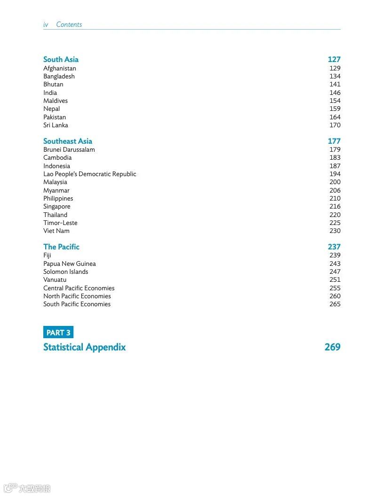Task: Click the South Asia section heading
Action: click(61, 59)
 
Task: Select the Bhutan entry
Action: click(53, 85)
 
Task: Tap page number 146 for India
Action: click(335, 93)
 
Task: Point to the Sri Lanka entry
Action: click(56, 125)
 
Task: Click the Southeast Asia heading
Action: click(67, 141)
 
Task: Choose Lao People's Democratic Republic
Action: click(89, 174)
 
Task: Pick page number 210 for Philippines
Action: click(335, 198)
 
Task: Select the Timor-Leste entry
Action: click(60, 223)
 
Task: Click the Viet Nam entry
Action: click(56, 231)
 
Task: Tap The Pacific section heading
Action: click(61, 247)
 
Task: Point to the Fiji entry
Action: click(47, 256)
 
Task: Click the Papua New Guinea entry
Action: click(69, 263)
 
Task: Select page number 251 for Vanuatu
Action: click(335, 279)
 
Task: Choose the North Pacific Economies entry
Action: click(77, 296)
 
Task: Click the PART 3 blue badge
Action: click(58, 333)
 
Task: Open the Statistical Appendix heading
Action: click(84, 347)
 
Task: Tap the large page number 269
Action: click(332, 347)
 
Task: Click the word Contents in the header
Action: click(69, 24)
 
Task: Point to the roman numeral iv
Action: click(46, 24)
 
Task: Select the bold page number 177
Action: click(334, 141)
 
